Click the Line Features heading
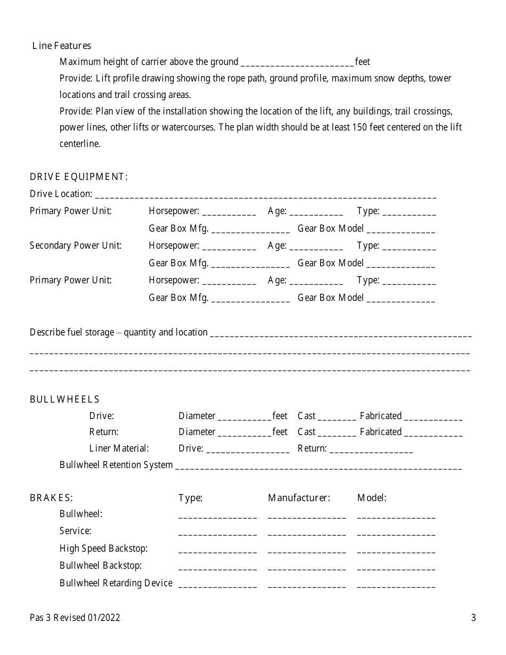[x=62, y=46]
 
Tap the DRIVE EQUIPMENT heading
[x=79, y=177]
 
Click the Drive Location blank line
[x=265, y=195]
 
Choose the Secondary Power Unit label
[x=76, y=245]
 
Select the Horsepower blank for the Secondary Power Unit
[x=229, y=247]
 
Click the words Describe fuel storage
[x=72, y=332]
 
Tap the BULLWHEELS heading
[x=64, y=399]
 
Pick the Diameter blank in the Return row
[x=244, y=433]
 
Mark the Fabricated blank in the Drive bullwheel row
[x=433, y=417]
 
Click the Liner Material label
[x=119, y=448]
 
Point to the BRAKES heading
[x=51, y=498]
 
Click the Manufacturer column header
[x=299, y=498]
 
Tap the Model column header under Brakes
[x=372, y=498]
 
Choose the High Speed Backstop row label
[x=103, y=548]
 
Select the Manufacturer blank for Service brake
[x=307, y=533]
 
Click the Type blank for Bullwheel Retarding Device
[x=217, y=585]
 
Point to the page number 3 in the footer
[x=474, y=618]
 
